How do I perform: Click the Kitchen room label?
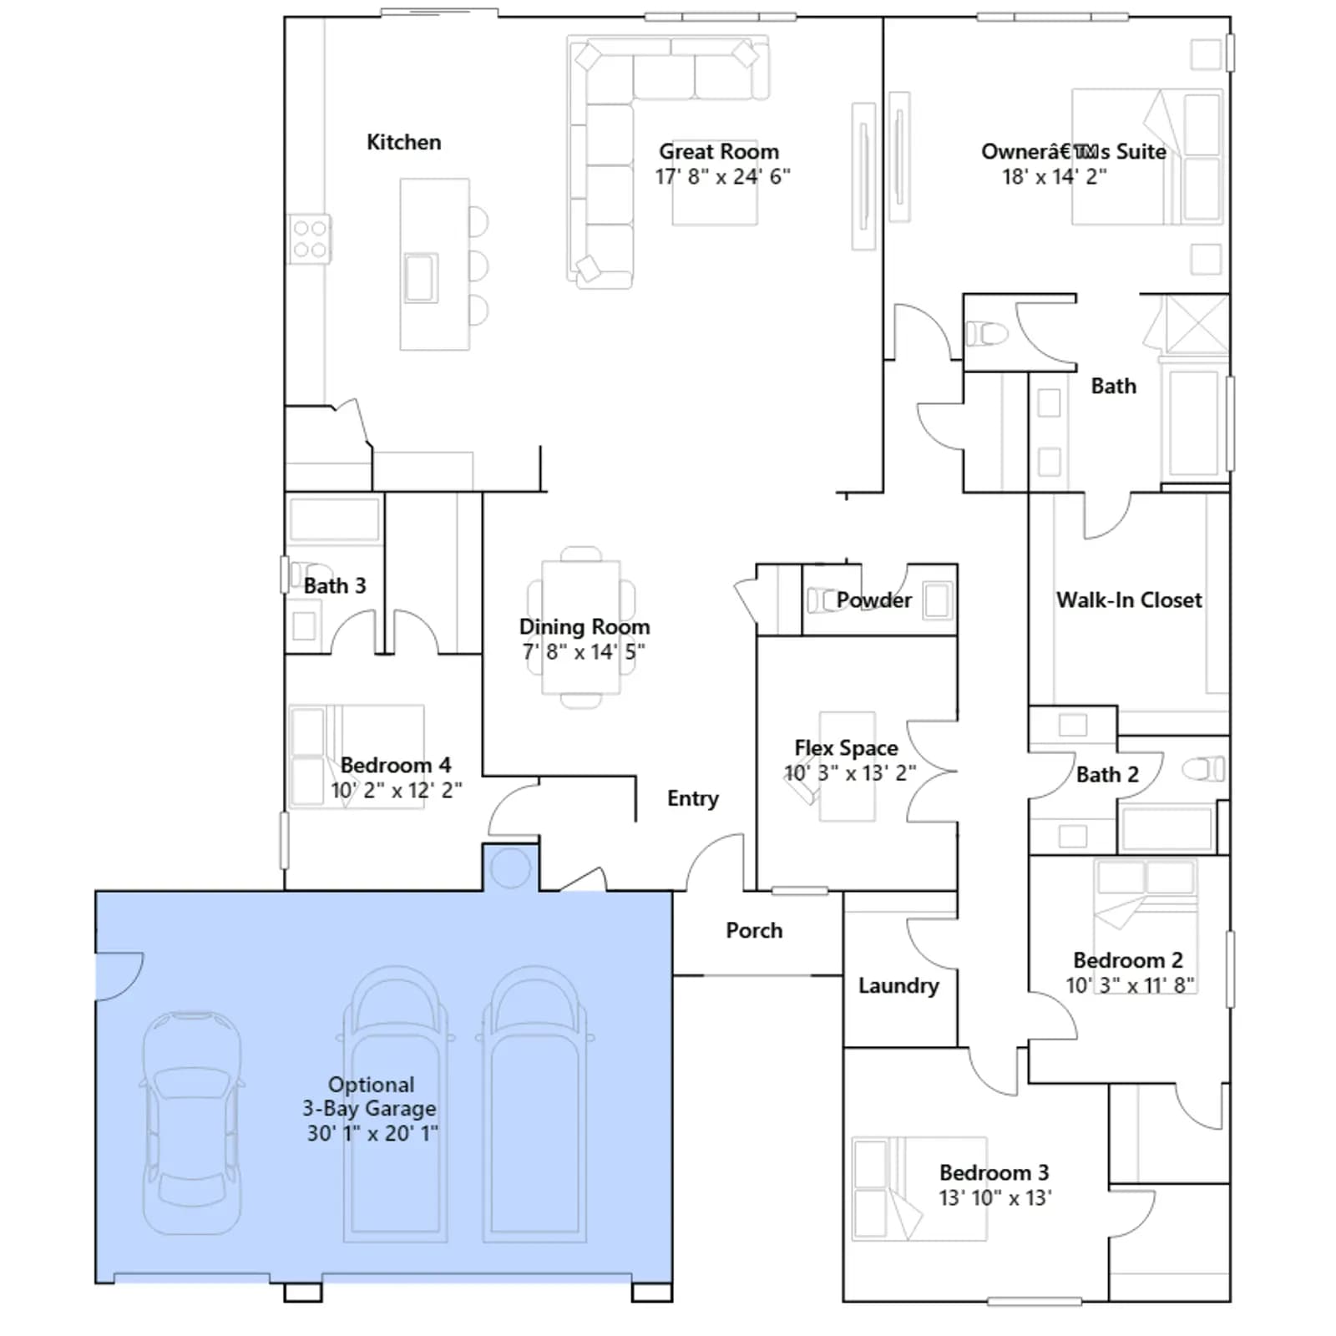(x=403, y=142)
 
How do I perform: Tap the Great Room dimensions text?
(x=722, y=177)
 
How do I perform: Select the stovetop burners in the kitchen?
(x=310, y=239)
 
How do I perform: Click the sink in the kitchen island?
(x=421, y=277)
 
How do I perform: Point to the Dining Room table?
(x=581, y=627)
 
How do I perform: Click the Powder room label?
(x=874, y=600)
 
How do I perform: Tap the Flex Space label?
(x=846, y=747)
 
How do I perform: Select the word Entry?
(x=693, y=799)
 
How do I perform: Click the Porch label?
(x=754, y=930)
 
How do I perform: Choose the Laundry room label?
(x=898, y=986)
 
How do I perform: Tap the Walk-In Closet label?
(x=1129, y=600)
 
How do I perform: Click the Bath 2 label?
(x=1107, y=775)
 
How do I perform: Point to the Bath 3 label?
(x=335, y=586)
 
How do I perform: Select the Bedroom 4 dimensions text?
(x=396, y=790)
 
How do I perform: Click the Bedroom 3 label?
(x=994, y=1172)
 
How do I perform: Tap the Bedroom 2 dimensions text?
(x=1130, y=985)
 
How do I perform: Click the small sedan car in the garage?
(x=192, y=1123)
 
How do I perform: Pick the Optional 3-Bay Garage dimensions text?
(x=372, y=1133)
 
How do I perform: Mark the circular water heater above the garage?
(x=510, y=868)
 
